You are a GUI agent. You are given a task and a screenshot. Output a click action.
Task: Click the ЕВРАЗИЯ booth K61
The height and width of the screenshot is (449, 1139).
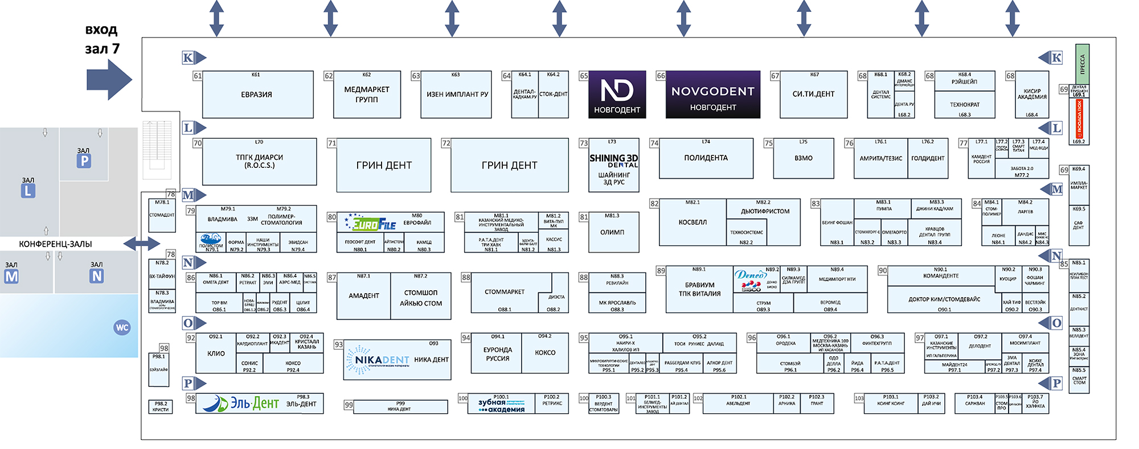pos(257,94)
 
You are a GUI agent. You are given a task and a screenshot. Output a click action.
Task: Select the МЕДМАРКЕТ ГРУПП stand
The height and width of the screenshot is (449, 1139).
pos(367,94)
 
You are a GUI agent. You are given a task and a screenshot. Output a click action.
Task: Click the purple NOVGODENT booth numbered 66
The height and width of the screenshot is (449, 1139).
pos(712,94)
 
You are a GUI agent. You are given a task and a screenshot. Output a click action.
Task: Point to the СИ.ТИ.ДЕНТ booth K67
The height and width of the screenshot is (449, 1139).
pos(813,94)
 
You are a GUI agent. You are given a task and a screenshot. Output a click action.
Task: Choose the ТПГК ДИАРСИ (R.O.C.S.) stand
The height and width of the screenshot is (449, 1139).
pos(259,162)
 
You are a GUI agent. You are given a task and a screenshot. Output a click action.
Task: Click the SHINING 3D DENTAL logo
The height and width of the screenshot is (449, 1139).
pos(613,160)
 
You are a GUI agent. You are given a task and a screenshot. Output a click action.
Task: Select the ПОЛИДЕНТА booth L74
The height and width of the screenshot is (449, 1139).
pos(706,158)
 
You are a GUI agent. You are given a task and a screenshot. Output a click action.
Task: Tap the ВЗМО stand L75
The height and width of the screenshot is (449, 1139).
pos(803,158)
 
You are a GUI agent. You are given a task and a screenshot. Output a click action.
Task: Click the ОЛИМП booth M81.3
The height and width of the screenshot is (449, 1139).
pos(613,232)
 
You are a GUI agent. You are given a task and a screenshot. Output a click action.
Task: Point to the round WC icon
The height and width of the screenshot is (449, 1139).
pos(122,327)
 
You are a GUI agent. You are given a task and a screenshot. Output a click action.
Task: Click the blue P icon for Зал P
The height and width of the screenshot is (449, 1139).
pos(84,161)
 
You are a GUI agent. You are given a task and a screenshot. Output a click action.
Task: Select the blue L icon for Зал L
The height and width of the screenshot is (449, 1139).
pos(28,191)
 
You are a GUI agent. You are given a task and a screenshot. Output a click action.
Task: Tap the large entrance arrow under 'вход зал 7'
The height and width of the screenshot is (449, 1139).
pos(109,80)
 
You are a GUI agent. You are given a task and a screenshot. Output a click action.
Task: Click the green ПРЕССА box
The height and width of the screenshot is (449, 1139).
pos(1082,63)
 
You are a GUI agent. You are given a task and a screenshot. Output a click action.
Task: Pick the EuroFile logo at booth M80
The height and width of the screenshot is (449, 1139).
pos(370,224)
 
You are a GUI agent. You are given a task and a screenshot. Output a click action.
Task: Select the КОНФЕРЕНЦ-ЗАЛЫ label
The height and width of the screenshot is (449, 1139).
pos(55,244)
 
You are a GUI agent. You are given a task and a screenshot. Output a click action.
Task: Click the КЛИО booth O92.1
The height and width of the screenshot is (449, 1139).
pos(216,353)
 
